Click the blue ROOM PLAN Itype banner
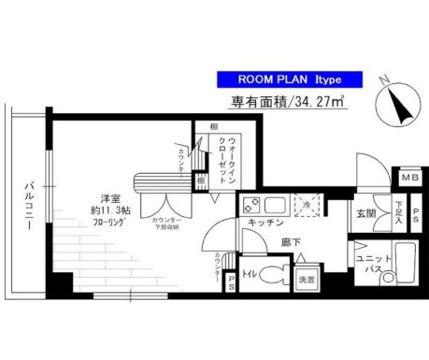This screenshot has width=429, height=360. [281, 79]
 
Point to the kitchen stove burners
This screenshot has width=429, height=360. [250, 205]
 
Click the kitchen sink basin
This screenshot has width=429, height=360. [276, 204]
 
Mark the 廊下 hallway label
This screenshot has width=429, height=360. [293, 242]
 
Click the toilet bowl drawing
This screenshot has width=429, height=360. [272, 275]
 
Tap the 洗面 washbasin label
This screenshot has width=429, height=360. [305, 279]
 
